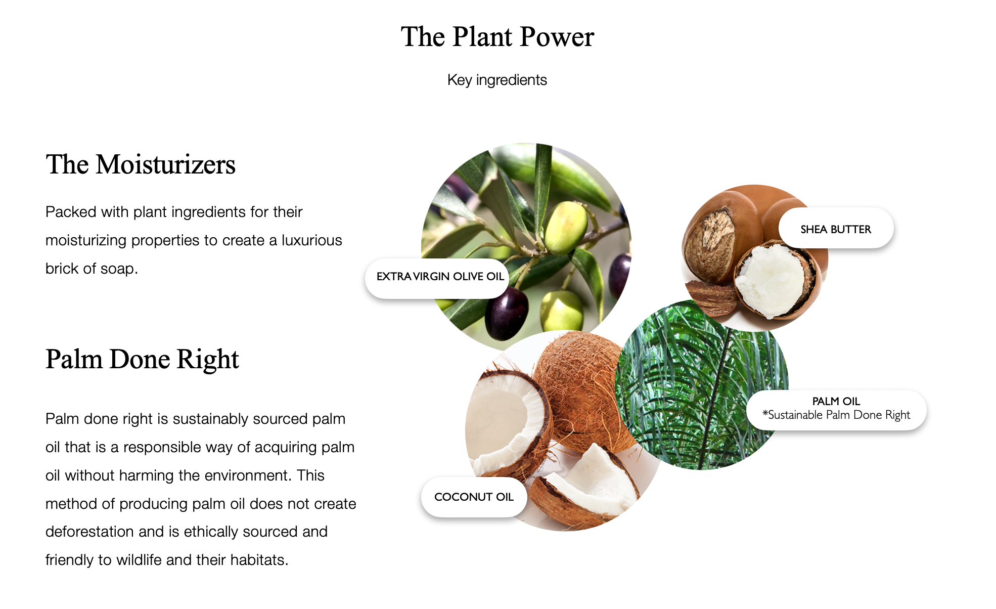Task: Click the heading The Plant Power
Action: click(x=497, y=37)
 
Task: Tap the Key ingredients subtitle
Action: click(x=497, y=80)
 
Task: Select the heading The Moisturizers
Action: click(x=141, y=164)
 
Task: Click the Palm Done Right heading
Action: click(x=142, y=359)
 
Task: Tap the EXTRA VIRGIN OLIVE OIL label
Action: click(x=440, y=276)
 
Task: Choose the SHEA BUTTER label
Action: click(x=836, y=229)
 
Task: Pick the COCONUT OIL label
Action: click(x=474, y=497)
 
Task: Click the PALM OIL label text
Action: click(x=836, y=401)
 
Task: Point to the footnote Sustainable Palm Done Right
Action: click(x=836, y=415)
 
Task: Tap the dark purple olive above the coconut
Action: click(x=506, y=313)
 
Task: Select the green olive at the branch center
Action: click(x=566, y=227)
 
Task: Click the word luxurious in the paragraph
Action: click(x=311, y=240)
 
